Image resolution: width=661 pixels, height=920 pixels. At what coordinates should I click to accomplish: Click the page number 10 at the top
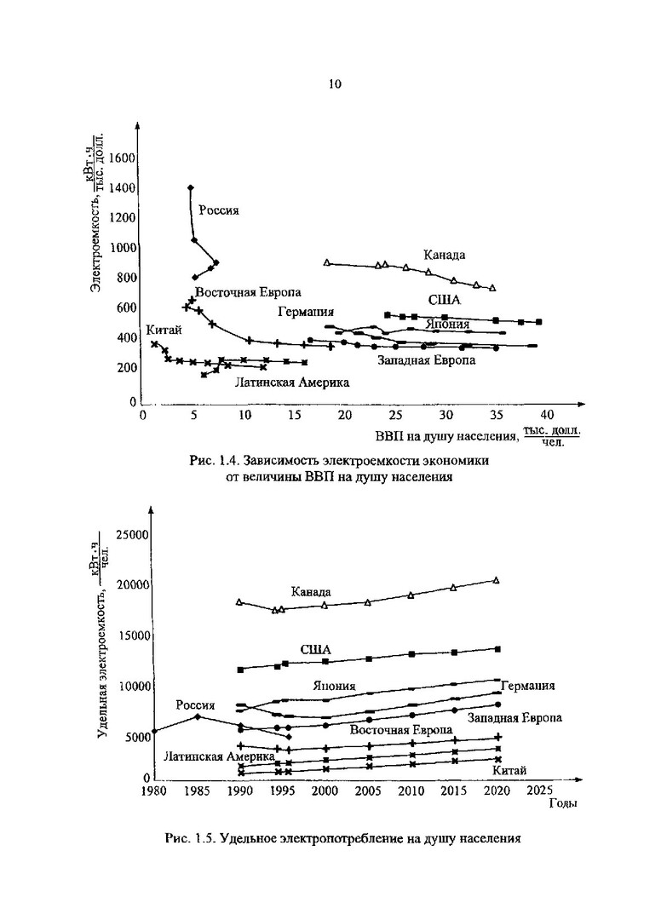pos(334,83)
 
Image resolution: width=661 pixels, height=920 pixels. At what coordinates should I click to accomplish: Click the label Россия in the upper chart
pos(219,211)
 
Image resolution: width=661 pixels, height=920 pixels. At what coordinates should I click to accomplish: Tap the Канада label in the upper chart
pos(445,255)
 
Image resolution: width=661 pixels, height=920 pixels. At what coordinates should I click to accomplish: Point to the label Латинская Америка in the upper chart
pos(292,382)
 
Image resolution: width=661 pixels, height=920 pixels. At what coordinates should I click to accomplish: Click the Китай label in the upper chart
pos(162,331)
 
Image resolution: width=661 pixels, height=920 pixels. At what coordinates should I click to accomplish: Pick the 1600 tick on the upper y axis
pos(122,158)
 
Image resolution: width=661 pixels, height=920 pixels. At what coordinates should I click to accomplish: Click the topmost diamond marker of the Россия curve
pos(190,187)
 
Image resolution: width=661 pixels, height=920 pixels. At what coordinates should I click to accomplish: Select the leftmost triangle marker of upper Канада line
pos(327,262)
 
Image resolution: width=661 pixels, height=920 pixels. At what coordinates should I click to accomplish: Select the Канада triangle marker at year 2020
pos(497,580)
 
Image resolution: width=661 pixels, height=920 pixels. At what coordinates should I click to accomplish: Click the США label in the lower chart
pos(315,649)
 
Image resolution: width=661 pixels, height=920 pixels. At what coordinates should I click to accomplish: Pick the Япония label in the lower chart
pos(334,686)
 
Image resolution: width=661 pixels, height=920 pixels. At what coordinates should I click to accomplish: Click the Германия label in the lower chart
pos(528,686)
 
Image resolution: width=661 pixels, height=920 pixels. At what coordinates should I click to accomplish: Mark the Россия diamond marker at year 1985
pos(197,716)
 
